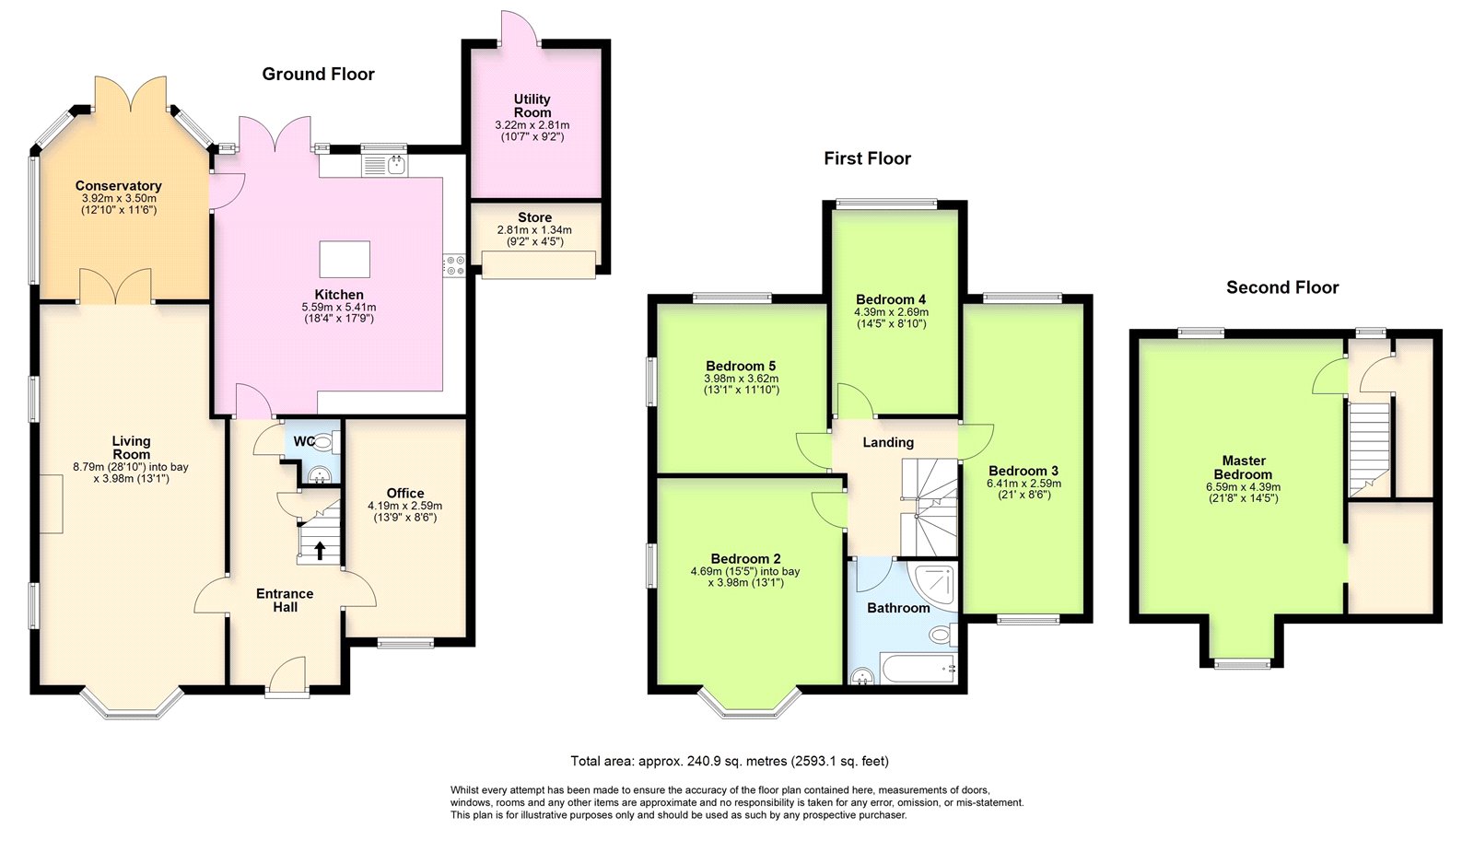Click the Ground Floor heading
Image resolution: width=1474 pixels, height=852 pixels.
click(x=319, y=74)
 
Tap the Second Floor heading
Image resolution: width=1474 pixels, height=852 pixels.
click(x=1282, y=287)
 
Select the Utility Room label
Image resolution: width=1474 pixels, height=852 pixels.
click(x=532, y=105)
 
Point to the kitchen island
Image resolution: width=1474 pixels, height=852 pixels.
click(x=345, y=259)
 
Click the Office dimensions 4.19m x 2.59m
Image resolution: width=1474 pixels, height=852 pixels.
click(x=404, y=506)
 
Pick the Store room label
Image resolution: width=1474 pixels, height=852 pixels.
click(x=535, y=217)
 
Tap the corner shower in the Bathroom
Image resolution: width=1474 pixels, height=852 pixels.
click(x=931, y=584)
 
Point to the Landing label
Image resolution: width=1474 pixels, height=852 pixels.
click(x=888, y=442)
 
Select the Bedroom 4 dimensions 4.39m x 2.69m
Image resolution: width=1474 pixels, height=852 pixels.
click(x=892, y=312)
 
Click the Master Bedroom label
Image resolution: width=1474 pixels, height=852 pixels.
click(x=1243, y=467)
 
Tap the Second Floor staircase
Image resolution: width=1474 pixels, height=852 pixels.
click(x=1370, y=450)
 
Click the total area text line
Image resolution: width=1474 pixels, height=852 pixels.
click(x=730, y=761)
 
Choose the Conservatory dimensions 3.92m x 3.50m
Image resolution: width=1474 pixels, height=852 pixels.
click(x=119, y=198)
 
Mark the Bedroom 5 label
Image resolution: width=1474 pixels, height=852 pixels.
click(x=741, y=366)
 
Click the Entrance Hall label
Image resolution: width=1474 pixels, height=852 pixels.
click(x=285, y=600)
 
